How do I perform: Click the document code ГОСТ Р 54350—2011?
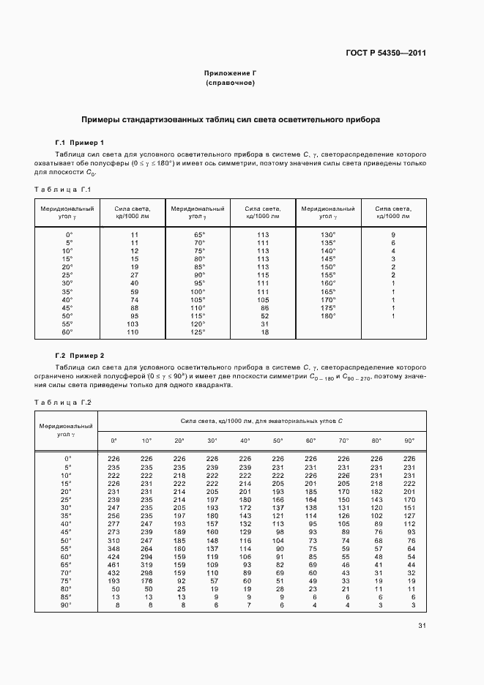[x=386, y=53]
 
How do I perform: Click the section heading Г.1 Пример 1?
[x=80, y=142]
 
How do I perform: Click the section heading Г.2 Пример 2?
[x=80, y=354]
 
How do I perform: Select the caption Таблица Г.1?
[x=62, y=190]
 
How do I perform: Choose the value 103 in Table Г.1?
[x=133, y=323]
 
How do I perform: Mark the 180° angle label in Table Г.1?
[x=328, y=315]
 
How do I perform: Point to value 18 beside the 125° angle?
[x=264, y=332]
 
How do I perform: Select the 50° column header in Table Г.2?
[x=278, y=440]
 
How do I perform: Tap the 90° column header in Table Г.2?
[x=409, y=440]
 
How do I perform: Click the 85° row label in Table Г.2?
[x=67, y=596]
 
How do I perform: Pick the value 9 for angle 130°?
[x=393, y=234]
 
